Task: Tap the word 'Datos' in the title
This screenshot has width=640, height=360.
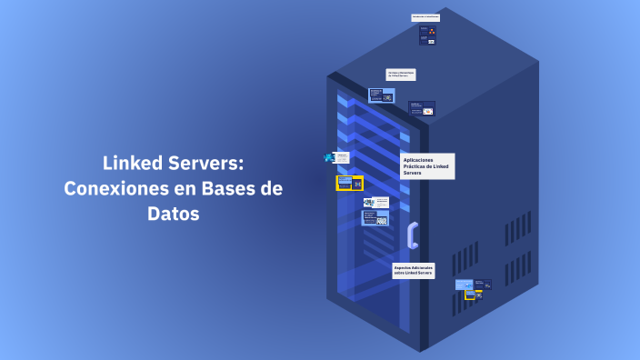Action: (173, 215)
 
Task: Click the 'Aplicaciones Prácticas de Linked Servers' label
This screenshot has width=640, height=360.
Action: (426, 165)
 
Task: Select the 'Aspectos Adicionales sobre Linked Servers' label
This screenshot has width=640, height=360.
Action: (413, 270)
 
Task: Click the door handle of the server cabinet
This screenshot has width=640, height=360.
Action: (413, 235)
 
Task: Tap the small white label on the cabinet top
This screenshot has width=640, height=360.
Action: (425, 17)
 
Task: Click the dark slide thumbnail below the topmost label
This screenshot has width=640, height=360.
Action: (426, 35)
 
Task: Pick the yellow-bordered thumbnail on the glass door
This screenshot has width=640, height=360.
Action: (349, 183)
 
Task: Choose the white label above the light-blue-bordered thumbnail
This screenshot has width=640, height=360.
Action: (400, 75)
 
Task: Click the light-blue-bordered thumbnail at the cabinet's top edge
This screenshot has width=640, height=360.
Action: (381, 95)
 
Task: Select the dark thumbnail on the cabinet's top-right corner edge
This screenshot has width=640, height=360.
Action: (421, 108)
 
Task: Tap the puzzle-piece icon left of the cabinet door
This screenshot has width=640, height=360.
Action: (329, 157)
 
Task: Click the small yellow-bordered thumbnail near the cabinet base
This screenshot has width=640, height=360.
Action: (473, 294)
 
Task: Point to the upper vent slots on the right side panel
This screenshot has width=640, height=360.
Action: (517, 226)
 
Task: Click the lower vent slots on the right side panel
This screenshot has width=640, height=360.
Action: (517, 267)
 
